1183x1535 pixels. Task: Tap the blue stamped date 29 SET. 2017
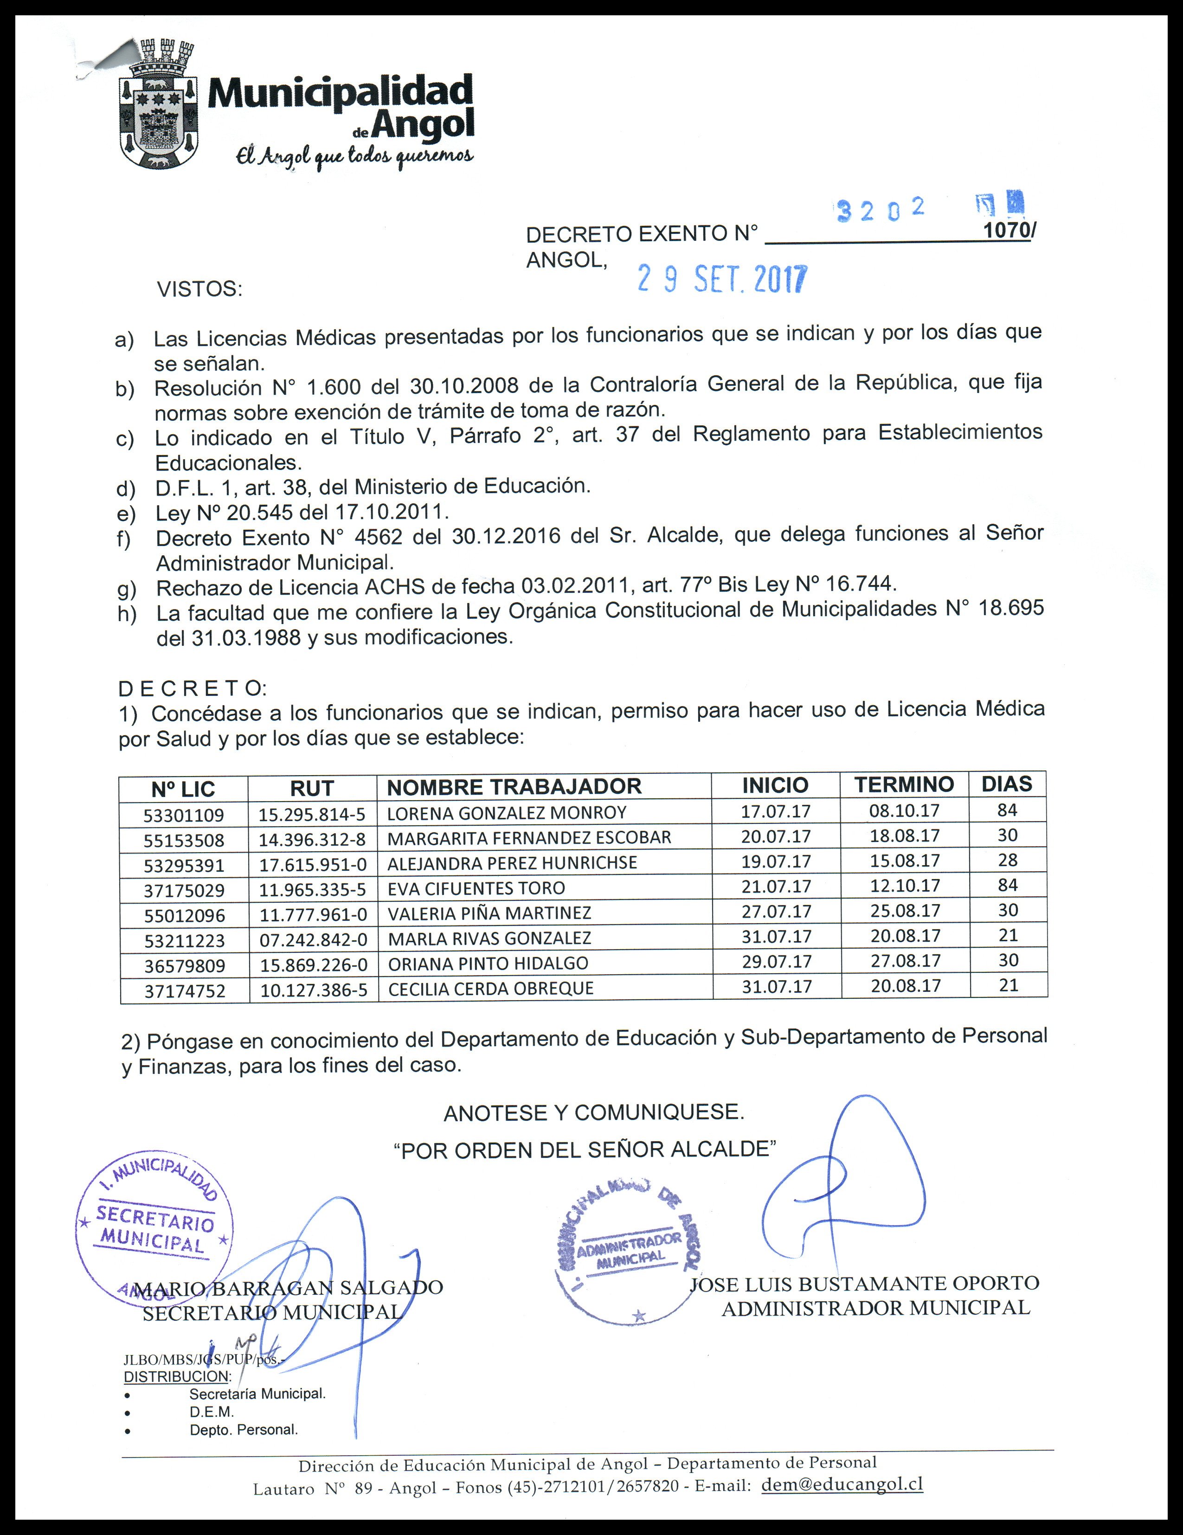coord(722,280)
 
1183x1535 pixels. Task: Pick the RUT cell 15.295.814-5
coord(312,815)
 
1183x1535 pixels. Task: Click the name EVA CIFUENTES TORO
coord(476,888)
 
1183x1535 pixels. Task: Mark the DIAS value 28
coord(1007,860)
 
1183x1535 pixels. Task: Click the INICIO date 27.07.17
coord(776,911)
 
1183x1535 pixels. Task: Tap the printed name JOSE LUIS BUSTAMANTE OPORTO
coord(865,1284)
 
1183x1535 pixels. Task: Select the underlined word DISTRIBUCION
coord(176,1377)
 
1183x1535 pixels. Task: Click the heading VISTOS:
coord(199,289)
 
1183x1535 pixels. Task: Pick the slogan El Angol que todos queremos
coord(355,158)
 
